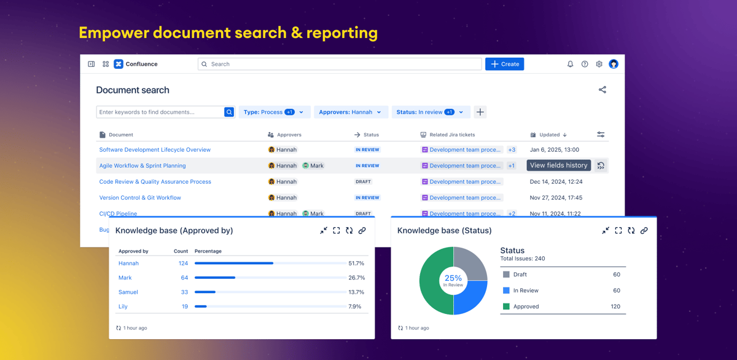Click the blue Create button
click(504, 64)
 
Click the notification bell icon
click(570, 64)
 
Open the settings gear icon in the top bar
click(599, 64)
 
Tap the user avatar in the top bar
click(614, 64)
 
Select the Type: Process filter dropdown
click(273, 112)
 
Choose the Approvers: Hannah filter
click(350, 112)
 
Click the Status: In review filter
click(430, 112)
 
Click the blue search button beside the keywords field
click(229, 112)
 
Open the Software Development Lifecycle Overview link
click(155, 150)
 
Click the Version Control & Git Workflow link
click(140, 198)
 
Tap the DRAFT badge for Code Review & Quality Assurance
click(363, 182)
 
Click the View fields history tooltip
click(558, 165)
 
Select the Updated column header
click(549, 135)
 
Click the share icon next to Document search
click(602, 90)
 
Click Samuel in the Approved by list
click(128, 292)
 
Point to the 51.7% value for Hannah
click(356, 264)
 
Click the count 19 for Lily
click(184, 307)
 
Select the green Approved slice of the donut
click(433, 289)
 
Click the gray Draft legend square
click(506, 275)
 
